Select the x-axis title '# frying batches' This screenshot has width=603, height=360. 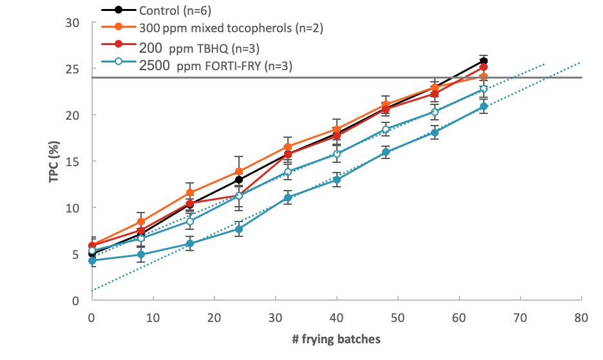336,339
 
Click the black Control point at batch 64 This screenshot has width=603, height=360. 484,61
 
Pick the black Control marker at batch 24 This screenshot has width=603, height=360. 239,180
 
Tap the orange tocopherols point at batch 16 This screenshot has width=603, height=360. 189,193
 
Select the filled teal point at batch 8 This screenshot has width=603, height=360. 141,254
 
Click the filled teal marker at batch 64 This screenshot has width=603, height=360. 484,106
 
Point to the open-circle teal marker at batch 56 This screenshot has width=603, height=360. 435,112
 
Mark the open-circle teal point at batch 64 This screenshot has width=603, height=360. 484,90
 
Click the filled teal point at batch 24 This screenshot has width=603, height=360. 239,229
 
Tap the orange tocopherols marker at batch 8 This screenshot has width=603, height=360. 141,222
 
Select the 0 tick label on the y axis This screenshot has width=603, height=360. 75,301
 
